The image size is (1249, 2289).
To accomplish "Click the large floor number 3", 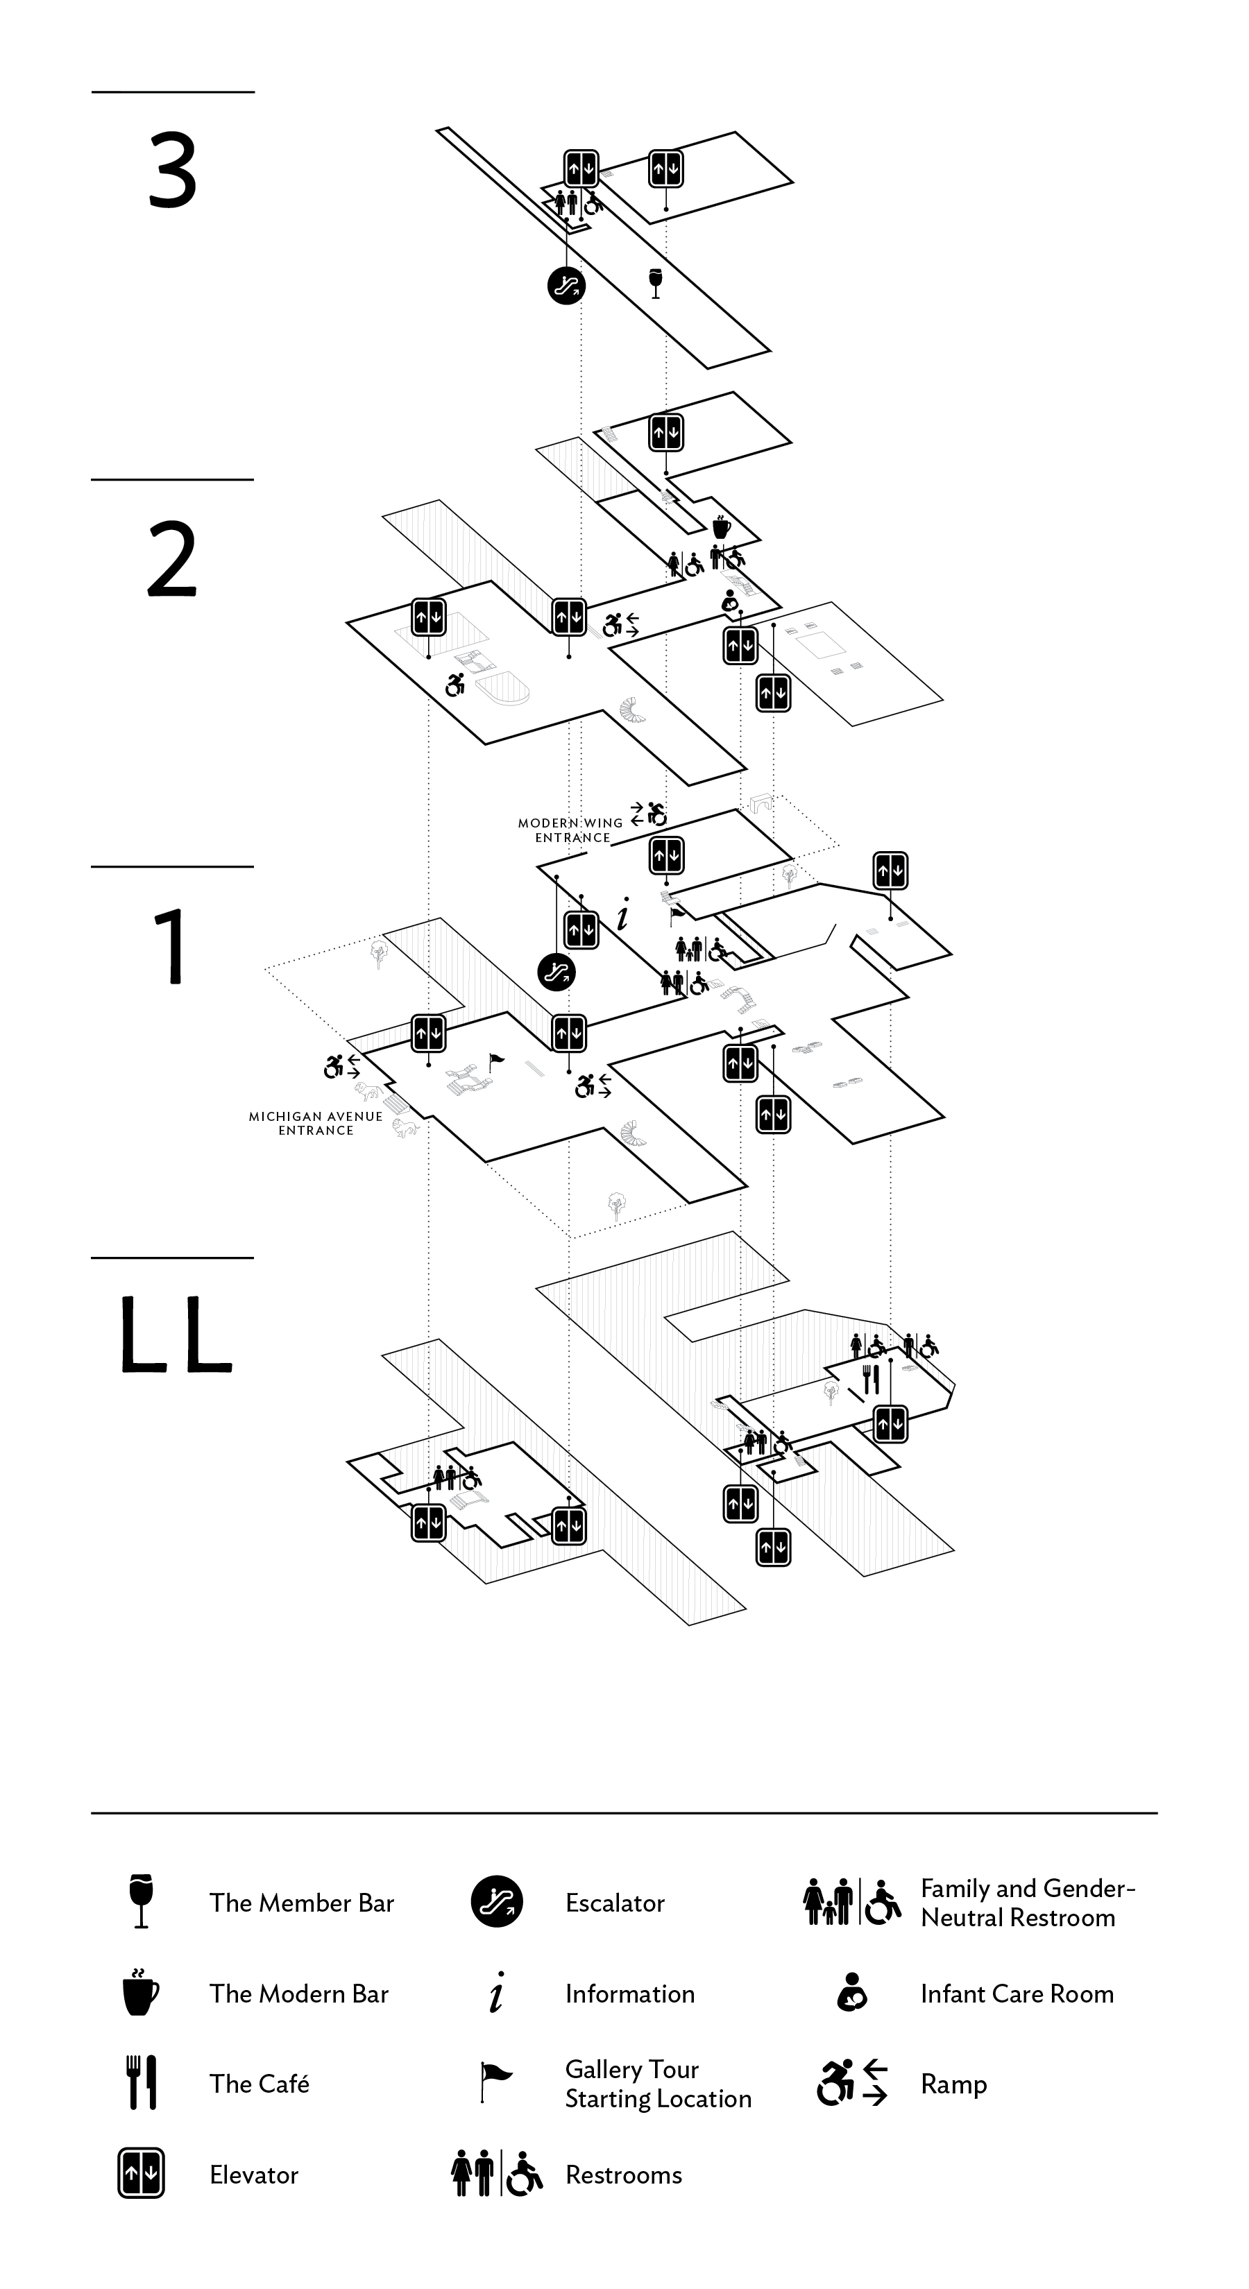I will (x=173, y=171).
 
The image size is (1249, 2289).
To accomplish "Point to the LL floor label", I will (x=175, y=1335).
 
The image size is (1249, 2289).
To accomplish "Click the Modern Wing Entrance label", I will (x=572, y=830).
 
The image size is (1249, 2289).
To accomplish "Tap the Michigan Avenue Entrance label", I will (x=316, y=1123).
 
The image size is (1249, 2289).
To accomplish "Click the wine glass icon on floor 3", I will (x=656, y=282).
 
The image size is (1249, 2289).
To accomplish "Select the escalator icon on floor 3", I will (x=566, y=285).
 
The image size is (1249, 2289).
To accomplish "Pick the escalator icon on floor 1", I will (x=556, y=972).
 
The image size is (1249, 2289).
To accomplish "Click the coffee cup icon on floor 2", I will (x=721, y=527).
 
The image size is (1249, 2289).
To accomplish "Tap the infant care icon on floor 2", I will (x=730, y=601).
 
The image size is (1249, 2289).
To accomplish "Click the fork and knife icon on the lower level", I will (x=870, y=1380).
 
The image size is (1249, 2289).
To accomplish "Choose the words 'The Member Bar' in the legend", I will (x=301, y=1903).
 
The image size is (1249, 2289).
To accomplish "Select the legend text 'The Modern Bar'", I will (x=298, y=1994).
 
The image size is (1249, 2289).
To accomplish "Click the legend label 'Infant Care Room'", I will (x=1017, y=1994).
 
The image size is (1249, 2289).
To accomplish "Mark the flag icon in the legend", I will (x=495, y=2082).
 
